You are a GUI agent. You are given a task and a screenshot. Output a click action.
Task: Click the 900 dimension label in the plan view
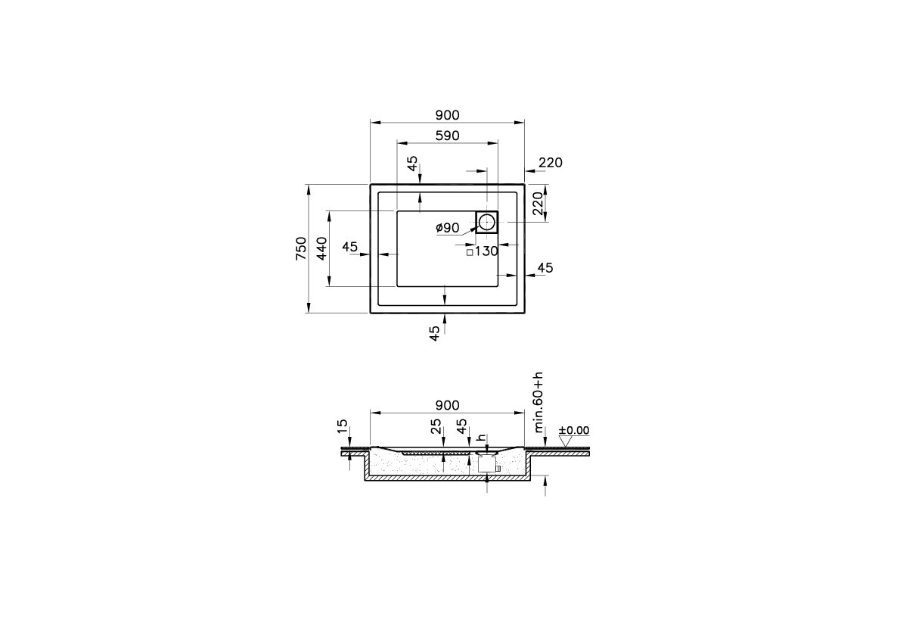[x=447, y=115]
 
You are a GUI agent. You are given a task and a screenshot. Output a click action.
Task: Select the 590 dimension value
[x=447, y=136]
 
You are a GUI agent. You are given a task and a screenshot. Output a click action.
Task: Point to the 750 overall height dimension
[x=301, y=248]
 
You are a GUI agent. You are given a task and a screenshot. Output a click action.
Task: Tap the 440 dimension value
[x=321, y=248]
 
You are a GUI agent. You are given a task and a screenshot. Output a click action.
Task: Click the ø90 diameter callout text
[x=448, y=228]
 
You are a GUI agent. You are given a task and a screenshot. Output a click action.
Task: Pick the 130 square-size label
[x=486, y=251]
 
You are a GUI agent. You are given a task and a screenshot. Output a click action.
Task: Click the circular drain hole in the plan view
[x=487, y=222]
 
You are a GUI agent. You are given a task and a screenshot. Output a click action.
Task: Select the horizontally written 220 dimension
[x=550, y=163]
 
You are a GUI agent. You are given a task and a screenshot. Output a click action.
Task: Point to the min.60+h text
[x=538, y=402]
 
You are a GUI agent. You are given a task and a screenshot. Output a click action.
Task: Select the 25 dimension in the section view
[x=436, y=427]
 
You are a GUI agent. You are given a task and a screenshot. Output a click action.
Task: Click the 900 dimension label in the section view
[x=447, y=406]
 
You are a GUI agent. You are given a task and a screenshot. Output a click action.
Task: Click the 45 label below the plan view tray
[x=435, y=334]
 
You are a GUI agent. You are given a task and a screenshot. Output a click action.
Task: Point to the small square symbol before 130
[x=470, y=252]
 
